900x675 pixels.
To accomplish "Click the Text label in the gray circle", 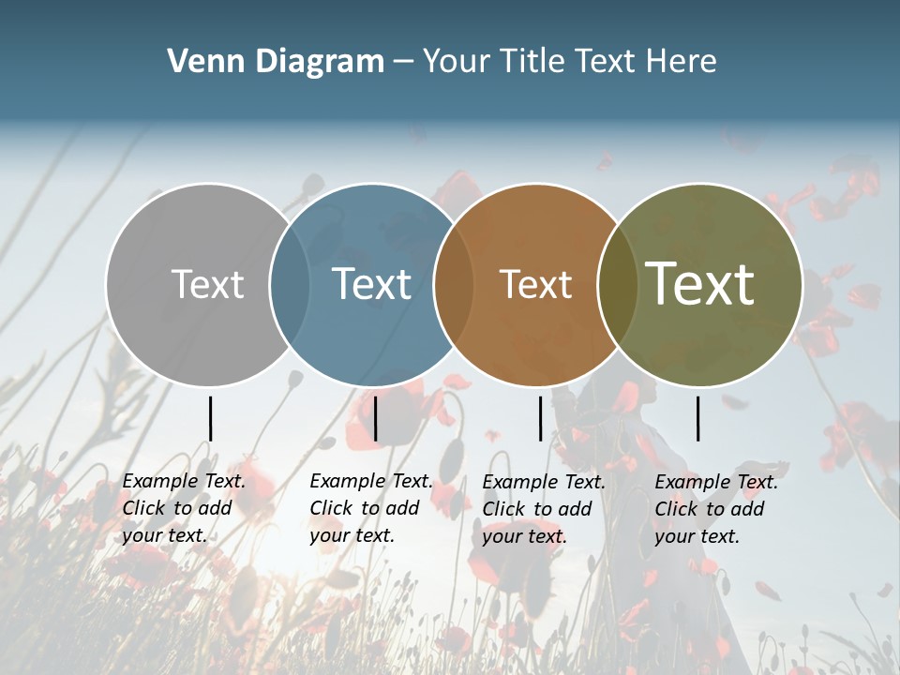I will tap(207, 285).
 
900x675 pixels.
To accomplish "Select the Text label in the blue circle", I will tap(371, 285).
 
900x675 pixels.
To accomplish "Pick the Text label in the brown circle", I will tap(535, 285).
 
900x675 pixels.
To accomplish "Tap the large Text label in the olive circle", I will tap(700, 284).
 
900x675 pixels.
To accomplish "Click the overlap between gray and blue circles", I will tap(290, 285).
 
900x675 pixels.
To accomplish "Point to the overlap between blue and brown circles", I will tap(454, 285).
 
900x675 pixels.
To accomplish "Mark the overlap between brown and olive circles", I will tap(618, 285).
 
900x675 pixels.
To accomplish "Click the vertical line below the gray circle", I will tap(211, 418).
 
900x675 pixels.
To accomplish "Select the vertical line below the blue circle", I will tap(375, 418).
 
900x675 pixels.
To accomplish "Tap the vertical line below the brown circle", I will tap(540, 418).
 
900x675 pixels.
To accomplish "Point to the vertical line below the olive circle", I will tap(698, 418).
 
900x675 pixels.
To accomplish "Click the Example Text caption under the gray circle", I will tap(184, 508).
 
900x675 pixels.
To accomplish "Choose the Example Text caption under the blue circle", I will tap(371, 508).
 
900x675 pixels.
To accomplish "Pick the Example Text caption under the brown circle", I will tap(544, 509).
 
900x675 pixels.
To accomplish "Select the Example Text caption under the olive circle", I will tap(716, 509).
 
